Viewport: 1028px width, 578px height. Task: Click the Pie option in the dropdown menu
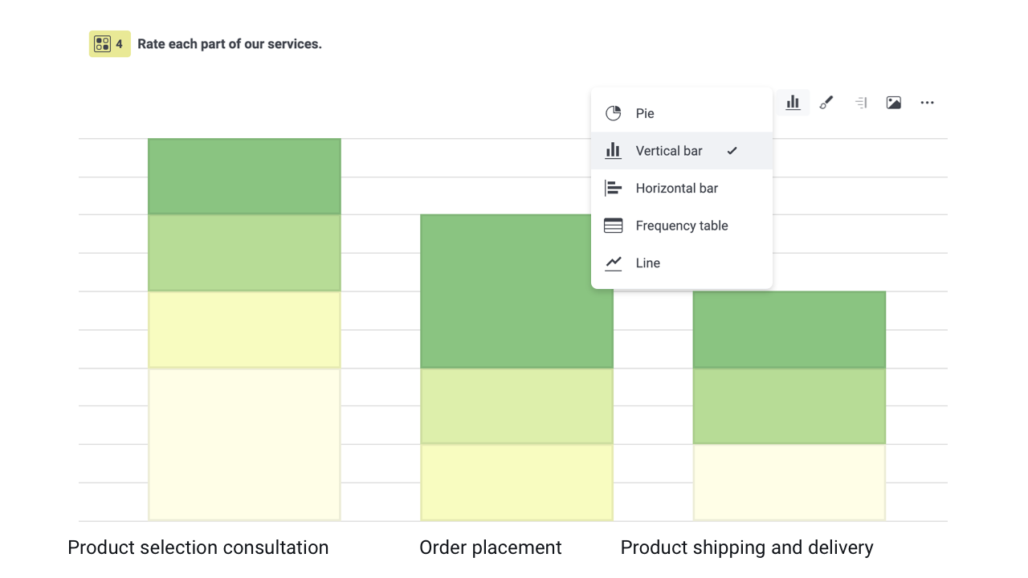(645, 113)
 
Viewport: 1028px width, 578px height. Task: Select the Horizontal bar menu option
(676, 188)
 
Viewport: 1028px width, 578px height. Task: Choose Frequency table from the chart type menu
(681, 226)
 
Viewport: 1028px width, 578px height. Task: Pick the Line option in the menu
(647, 263)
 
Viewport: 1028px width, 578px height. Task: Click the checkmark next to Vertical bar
(732, 151)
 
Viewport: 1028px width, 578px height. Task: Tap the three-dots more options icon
(927, 103)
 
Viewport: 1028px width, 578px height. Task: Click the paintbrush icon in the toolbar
(826, 103)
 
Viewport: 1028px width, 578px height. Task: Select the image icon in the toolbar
(893, 103)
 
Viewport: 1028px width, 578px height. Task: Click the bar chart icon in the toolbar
(793, 103)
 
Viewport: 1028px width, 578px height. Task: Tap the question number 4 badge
(109, 44)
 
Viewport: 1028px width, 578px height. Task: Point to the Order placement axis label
(490, 547)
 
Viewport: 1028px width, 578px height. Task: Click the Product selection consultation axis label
(198, 547)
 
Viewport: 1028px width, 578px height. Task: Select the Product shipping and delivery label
(747, 547)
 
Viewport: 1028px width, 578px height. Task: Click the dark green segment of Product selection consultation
(244, 177)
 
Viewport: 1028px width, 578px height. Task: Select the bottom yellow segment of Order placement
(516, 482)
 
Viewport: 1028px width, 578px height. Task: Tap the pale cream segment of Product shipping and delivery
(789, 482)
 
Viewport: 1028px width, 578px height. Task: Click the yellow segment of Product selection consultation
(244, 329)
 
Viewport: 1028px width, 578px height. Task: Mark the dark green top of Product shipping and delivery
(789, 329)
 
